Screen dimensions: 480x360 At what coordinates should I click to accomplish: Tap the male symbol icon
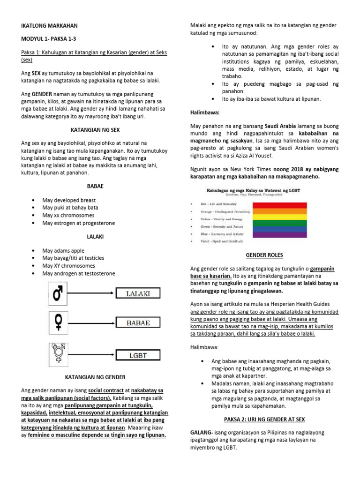point(58,294)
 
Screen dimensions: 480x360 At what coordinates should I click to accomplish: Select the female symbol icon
point(58,322)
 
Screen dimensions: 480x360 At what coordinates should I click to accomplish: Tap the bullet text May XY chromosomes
point(72,265)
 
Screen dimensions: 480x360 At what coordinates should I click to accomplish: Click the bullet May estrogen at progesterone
point(78,223)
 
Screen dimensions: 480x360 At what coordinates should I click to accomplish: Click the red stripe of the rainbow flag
point(279,205)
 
